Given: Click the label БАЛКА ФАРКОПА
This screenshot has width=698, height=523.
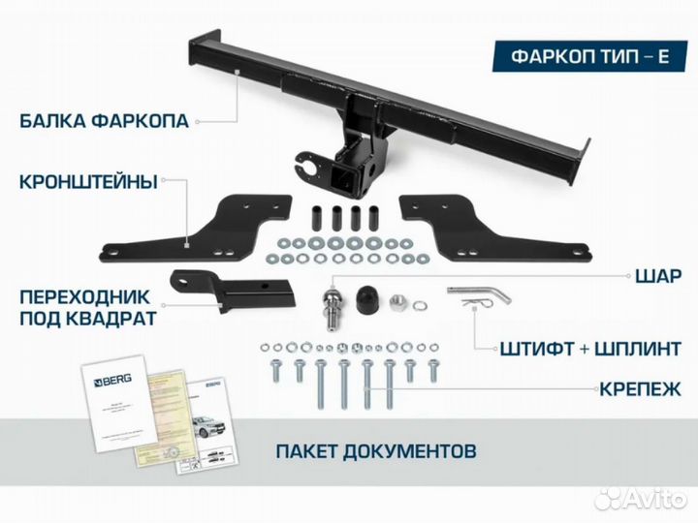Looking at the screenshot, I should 106,122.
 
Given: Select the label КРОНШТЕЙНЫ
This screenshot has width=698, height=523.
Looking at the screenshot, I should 87,180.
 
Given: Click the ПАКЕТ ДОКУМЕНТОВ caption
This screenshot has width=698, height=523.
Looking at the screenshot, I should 375,451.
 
